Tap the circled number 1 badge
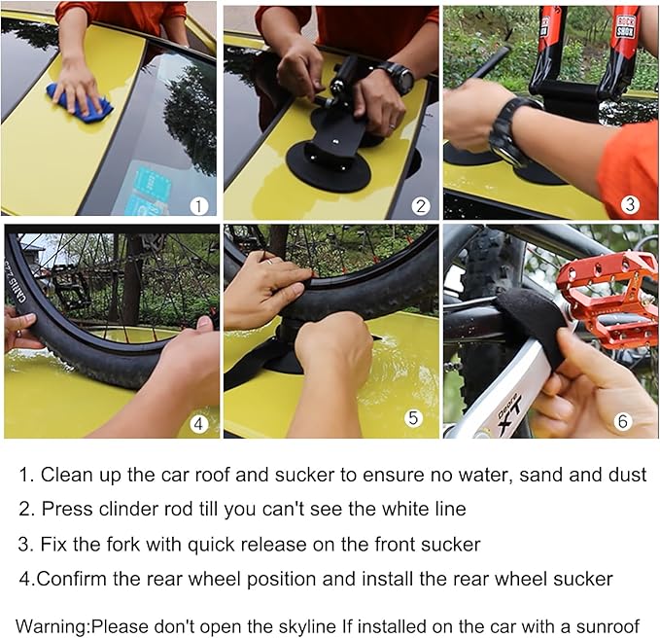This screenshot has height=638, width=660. (x=198, y=206)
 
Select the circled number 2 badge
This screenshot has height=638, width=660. (x=421, y=206)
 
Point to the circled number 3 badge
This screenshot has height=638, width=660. (x=630, y=204)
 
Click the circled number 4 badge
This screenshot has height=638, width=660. (x=198, y=423)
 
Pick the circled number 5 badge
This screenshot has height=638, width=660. (x=413, y=417)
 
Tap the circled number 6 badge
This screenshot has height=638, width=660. (x=623, y=421)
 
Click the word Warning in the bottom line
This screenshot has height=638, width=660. (x=52, y=626)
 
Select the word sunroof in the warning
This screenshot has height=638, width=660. (x=608, y=626)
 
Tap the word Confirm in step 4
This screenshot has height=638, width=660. (x=72, y=579)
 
